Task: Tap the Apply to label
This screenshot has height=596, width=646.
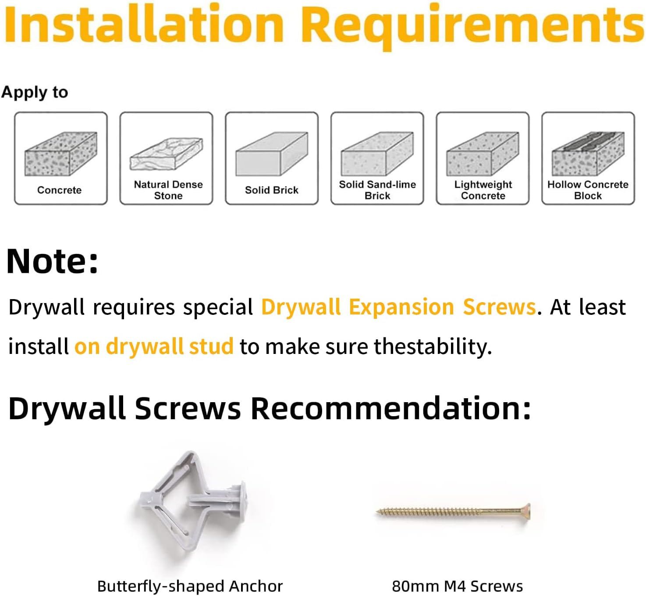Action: point(35,93)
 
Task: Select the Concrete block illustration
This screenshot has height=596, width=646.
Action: point(61,153)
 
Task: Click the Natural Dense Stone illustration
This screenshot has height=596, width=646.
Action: point(166,154)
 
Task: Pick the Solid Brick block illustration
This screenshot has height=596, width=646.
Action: point(272,153)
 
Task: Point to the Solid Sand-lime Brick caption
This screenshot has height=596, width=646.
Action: point(377,190)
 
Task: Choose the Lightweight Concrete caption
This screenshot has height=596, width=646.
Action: point(483,190)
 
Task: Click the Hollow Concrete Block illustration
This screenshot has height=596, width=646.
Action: point(588,153)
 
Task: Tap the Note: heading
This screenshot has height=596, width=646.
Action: point(52,261)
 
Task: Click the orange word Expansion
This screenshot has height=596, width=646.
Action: point(401,307)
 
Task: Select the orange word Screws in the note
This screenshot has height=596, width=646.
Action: point(499,307)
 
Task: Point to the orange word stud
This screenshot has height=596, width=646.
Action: point(211,346)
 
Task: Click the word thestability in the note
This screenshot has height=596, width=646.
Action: point(433,346)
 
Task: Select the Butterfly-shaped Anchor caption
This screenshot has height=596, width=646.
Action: point(190,586)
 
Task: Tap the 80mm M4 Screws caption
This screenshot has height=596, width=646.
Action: point(458,586)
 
